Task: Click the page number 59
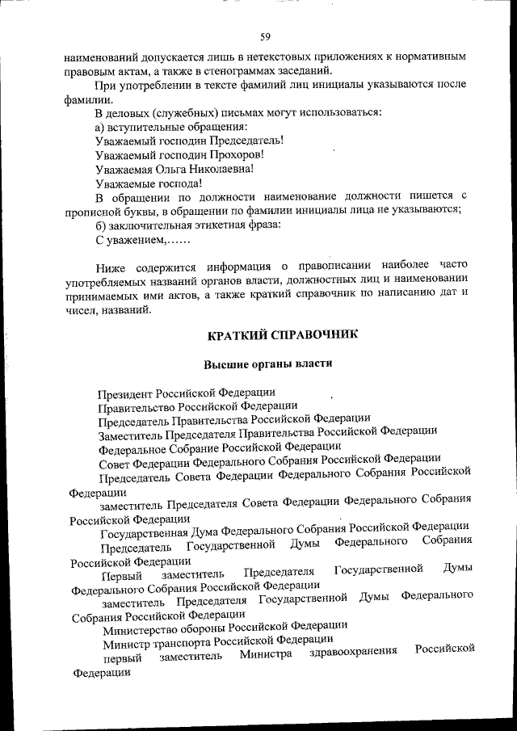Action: point(264,36)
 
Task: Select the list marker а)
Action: point(100,126)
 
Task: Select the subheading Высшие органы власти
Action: point(267,364)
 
